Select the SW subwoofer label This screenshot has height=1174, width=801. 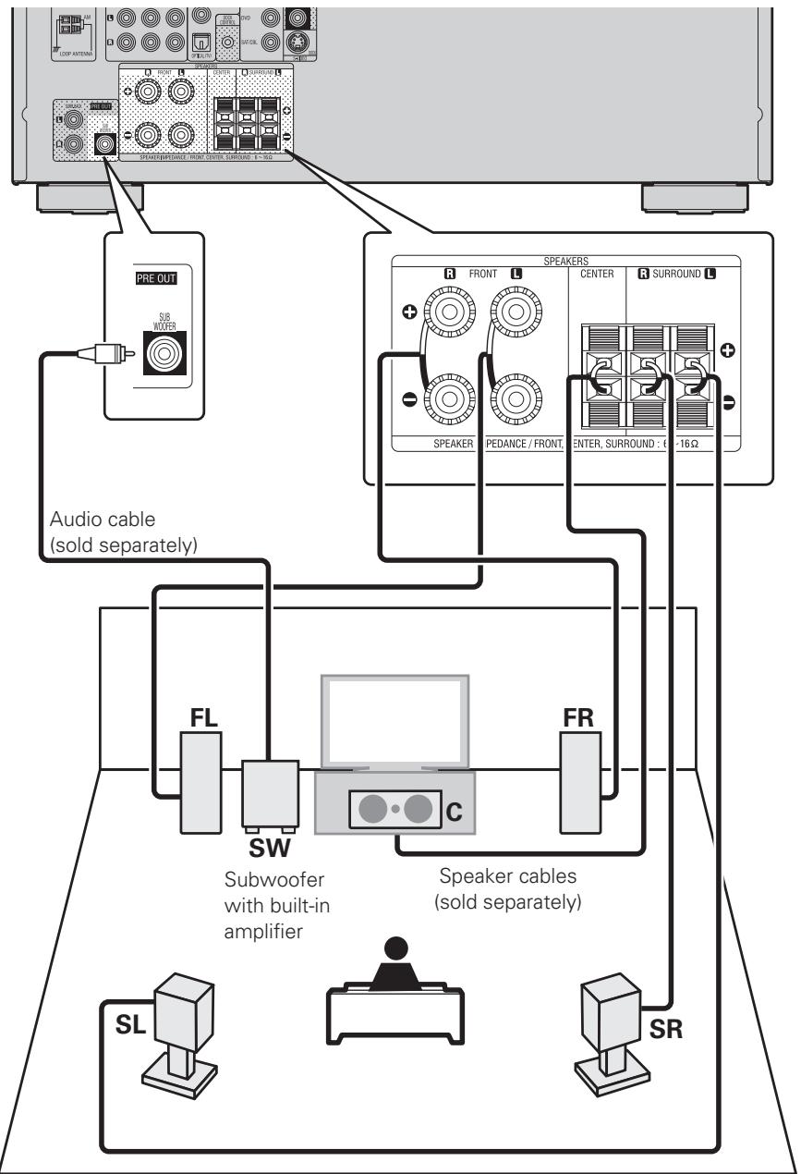(x=269, y=846)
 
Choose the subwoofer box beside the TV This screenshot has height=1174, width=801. (x=270, y=793)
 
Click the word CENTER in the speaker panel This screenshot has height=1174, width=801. (x=597, y=274)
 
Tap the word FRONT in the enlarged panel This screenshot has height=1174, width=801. (x=460, y=274)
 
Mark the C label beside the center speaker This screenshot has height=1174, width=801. (x=453, y=813)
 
